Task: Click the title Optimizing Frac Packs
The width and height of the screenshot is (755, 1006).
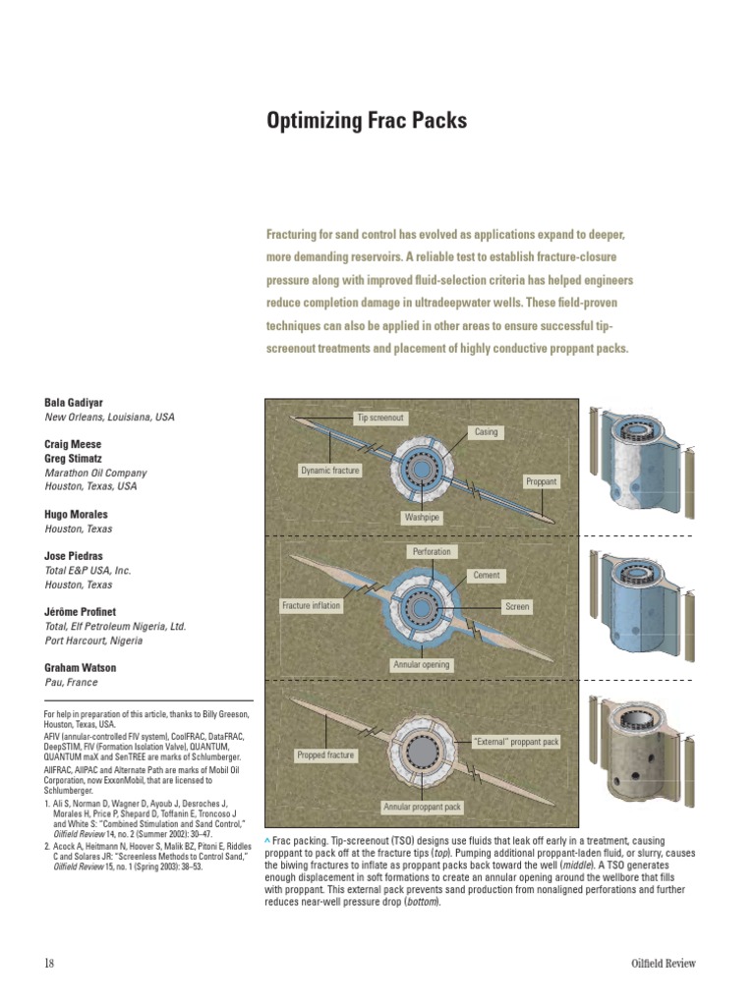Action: [x=367, y=122]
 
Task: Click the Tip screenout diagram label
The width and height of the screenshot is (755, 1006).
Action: [x=380, y=418]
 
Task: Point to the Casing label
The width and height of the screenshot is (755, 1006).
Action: [x=487, y=432]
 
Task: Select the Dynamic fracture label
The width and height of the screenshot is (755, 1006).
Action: [x=329, y=471]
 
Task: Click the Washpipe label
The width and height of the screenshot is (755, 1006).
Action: [x=421, y=516]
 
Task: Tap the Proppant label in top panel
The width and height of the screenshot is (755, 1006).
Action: [x=541, y=481]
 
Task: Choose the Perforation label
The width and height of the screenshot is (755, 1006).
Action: [x=432, y=551]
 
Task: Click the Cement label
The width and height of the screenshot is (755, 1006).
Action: [x=487, y=576]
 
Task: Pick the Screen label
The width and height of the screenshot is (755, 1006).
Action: [x=517, y=607]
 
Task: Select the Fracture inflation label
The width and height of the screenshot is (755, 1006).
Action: [x=311, y=606]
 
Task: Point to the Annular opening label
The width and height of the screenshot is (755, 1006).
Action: [x=421, y=665]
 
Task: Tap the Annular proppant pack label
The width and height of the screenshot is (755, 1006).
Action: [x=422, y=808]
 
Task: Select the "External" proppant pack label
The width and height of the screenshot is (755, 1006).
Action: [x=516, y=742]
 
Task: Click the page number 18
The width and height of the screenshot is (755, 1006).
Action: [x=49, y=964]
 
